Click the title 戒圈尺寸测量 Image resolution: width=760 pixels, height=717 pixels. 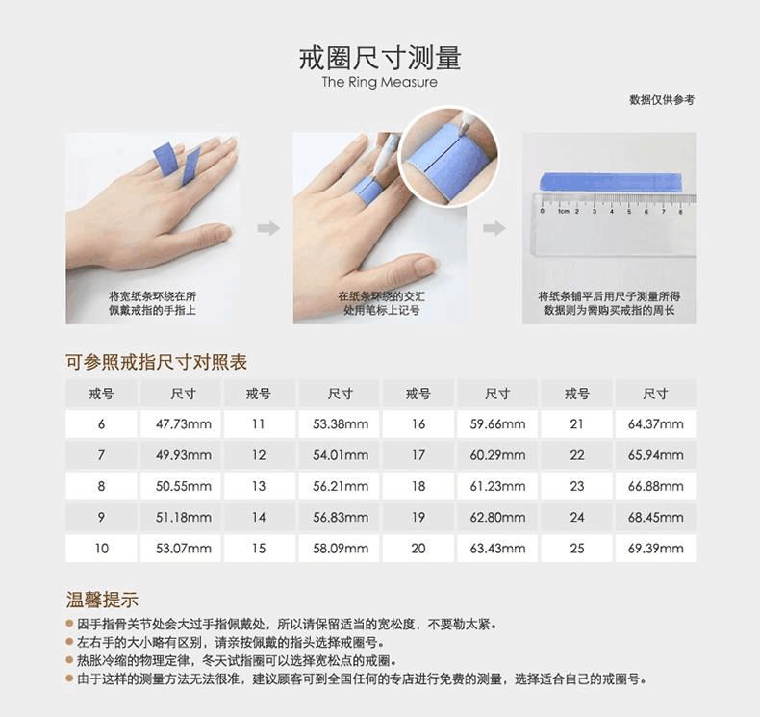(380, 58)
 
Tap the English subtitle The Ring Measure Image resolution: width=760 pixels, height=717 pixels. (379, 82)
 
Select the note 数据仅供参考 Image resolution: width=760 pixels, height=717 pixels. (662, 100)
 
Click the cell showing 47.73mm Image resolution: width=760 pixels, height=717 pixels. (183, 424)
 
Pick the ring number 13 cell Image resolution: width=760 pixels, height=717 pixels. (259, 486)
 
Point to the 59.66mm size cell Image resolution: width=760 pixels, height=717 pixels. (497, 424)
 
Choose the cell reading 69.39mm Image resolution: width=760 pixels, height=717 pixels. (656, 549)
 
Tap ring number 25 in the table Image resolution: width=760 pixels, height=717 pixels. (577, 549)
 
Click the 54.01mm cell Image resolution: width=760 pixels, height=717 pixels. (341, 455)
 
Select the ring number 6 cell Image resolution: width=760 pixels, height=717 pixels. (101, 424)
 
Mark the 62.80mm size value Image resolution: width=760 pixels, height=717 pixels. (497, 517)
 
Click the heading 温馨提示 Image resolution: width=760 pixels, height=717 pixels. (102, 600)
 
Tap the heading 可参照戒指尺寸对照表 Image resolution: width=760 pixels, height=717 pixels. (157, 362)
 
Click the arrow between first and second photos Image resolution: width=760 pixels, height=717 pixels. (268, 228)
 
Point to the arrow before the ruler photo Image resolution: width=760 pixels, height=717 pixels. (494, 228)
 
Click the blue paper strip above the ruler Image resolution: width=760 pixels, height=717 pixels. (611, 182)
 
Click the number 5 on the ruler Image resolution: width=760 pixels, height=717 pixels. (629, 212)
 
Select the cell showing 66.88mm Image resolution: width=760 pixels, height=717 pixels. (656, 486)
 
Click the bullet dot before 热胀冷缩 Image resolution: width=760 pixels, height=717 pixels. (70, 660)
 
